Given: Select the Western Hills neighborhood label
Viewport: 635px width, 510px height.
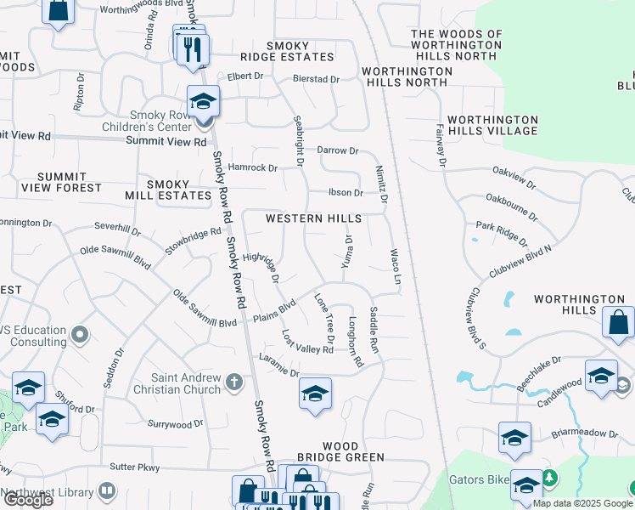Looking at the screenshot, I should [313, 218].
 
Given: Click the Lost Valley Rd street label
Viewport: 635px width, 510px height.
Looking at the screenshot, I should [307, 343].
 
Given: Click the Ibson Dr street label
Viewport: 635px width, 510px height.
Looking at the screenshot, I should [346, 193].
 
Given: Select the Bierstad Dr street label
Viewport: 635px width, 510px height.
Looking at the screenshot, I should [316, 79].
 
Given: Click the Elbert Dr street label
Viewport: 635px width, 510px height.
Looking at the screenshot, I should [245, 76].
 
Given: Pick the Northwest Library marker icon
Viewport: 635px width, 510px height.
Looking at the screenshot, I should [107, 491].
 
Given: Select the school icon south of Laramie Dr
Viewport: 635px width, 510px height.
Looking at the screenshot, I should [315, 394].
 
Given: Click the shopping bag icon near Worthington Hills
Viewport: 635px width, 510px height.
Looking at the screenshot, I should [619, 323].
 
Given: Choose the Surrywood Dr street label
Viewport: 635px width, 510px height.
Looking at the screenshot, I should [175, 423].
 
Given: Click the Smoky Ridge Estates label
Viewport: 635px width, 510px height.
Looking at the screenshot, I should [287, 51].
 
